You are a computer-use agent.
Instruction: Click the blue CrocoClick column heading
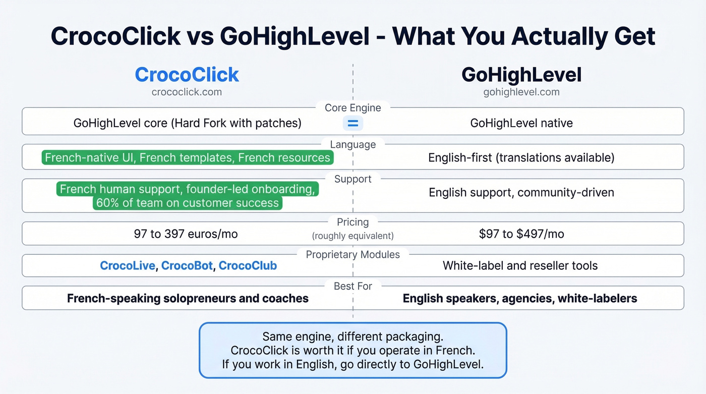(187, 75)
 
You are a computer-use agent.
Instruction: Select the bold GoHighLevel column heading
(521, 75)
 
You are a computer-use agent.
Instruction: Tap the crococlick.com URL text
(187, 92)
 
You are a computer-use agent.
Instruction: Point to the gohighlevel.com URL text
(521, 92)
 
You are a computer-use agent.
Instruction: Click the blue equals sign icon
(353, 123)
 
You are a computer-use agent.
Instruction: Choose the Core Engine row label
(353, 108)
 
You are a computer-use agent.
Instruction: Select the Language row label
(353, 145)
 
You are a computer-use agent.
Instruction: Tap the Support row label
(353, 179)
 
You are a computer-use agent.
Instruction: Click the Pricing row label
(353, 222)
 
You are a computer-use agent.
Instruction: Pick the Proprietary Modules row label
(353, 255)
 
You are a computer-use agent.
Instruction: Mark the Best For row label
(353, 286)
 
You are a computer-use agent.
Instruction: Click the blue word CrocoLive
(128, 266)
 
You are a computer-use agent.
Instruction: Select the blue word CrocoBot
(187, 266)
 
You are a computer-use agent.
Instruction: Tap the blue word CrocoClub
(248, 266)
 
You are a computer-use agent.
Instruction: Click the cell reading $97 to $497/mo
(521, 234)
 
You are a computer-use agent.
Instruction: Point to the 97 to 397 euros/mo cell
(186, 234)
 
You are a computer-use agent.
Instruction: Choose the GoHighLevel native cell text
(521, 123)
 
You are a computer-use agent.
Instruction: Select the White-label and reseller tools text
(520, 266)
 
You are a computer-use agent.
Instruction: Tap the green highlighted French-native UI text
(187, 158)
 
